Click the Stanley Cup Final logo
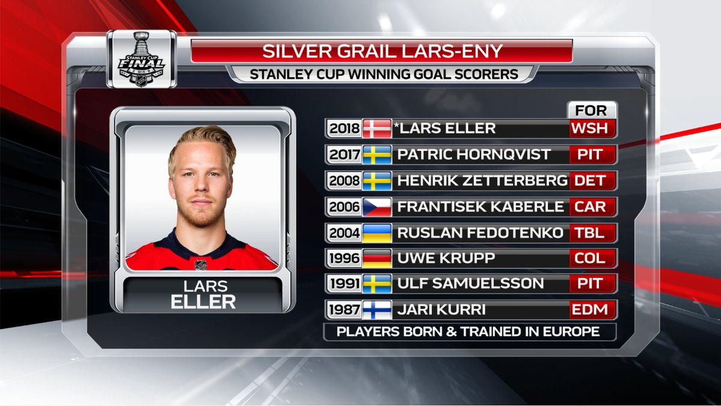142,59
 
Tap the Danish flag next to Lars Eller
377,128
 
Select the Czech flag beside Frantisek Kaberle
377,207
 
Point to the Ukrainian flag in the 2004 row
377,233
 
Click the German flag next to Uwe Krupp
377,259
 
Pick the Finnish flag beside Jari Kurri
377,310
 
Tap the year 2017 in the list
345,155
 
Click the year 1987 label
345,310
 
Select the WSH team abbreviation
590,128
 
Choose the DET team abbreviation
590,180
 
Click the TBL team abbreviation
590,233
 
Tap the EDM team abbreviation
590,310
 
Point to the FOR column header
591,110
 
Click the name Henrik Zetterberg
482,180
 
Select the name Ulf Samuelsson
470,284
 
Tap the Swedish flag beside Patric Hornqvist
377,155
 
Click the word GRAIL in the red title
361,51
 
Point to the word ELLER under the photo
203,302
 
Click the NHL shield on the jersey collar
200,265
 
